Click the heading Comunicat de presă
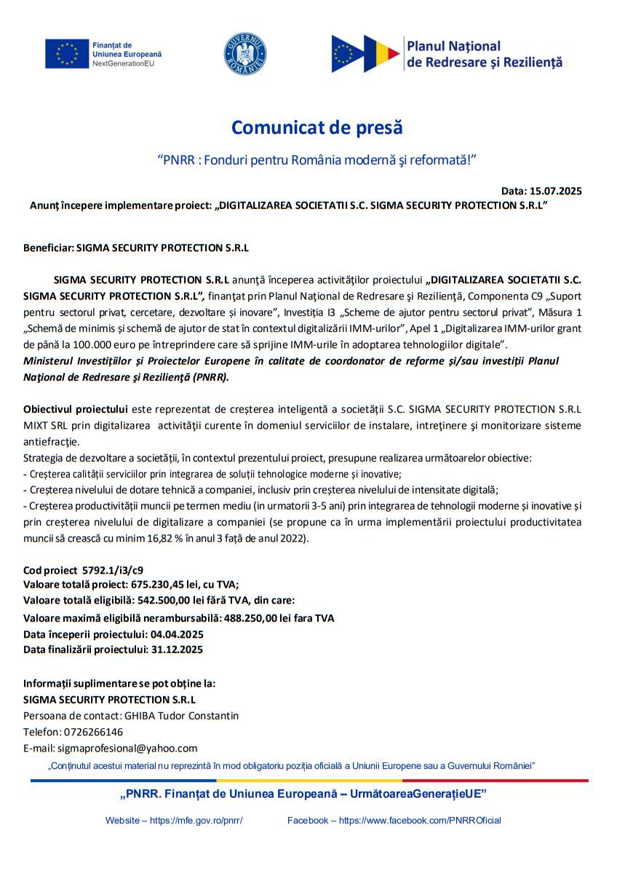point(317,127)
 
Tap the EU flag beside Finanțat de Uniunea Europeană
point(67,53)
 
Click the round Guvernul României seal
point(244,54)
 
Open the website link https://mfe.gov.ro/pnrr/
point(196,820)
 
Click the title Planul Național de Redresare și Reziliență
point(485,55)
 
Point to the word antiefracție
point(51,441)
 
